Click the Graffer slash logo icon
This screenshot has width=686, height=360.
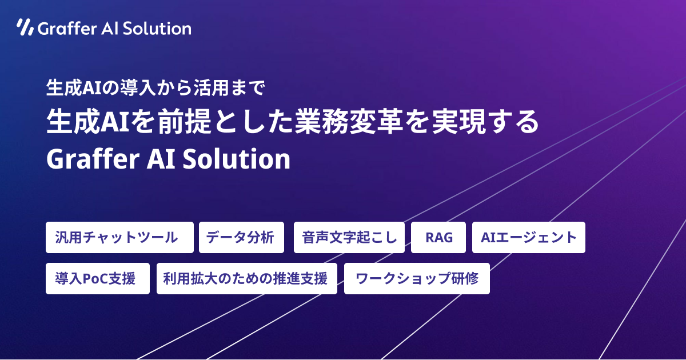click(x=25, y=27)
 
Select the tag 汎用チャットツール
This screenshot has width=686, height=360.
click(x=119, y=237)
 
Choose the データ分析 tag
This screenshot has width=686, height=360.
click(x=241, y=237)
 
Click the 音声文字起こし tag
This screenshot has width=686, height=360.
click(x=349, y=237)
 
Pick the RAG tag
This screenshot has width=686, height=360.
click(x=439, y=237)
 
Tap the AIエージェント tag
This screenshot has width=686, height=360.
click(x=529, y=237)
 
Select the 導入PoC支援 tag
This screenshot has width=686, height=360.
click(x=97, y=279)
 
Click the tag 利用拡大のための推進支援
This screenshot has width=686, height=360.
click(x=247, y=279)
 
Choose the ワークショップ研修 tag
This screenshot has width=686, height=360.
click(x=417, y=279)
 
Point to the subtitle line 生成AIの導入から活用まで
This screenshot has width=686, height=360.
click(x=155, y=88)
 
